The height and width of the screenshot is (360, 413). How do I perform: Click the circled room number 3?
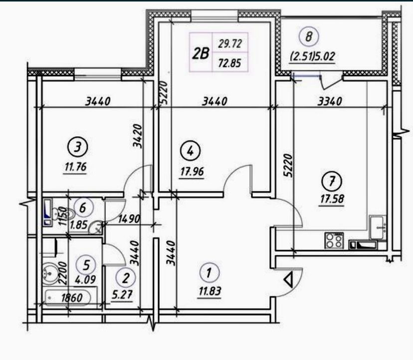77,147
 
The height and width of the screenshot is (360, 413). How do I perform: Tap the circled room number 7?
332,181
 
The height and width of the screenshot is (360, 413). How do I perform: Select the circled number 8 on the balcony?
309,36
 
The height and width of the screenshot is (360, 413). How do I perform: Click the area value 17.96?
192,172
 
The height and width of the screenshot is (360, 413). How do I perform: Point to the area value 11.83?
210,291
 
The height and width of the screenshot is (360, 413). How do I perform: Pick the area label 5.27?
122,294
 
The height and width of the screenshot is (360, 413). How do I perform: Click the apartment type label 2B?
201,53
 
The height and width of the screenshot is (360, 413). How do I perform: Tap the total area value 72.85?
229,63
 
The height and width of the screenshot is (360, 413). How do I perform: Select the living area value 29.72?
229,44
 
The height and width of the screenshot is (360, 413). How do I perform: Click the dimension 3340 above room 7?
330,101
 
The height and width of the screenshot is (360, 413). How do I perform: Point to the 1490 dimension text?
129,219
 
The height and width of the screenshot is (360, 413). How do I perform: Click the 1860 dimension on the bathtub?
72,298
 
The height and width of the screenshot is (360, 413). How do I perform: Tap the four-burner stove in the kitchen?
334,240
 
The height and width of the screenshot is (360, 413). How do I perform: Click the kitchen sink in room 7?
378,227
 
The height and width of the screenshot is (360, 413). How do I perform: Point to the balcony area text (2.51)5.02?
313,56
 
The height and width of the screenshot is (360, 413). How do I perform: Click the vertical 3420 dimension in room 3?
138,136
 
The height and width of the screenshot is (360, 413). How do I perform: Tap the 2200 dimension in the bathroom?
62,272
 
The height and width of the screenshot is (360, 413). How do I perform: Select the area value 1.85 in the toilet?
78,225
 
